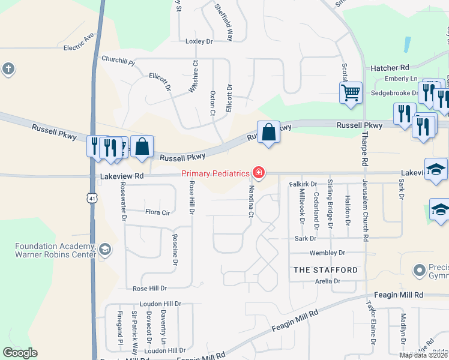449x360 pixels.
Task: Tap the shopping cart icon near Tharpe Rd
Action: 351,93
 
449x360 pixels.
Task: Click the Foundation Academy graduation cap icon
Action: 104,250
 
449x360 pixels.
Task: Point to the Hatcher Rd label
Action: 390,68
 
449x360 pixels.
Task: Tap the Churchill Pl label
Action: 118,61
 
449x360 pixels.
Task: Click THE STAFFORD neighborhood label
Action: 325,270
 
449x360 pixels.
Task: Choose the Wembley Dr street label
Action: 327,253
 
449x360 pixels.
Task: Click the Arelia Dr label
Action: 328,281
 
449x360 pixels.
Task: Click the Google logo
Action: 20,353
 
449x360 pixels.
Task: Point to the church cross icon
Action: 8,68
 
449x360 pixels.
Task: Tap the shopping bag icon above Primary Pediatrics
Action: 268,132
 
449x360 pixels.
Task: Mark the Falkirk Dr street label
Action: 303,184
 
